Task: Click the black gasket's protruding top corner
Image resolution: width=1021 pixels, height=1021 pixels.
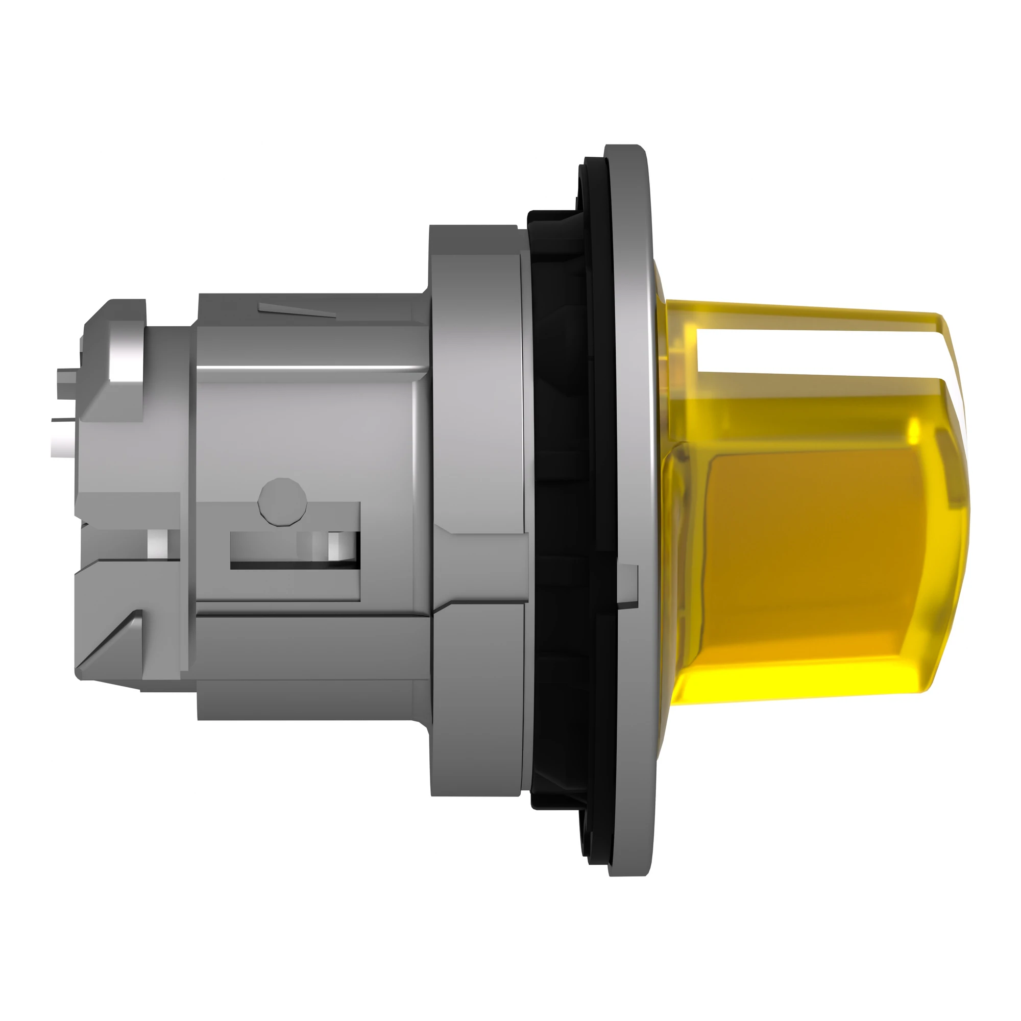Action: click(x=550, y=216)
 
